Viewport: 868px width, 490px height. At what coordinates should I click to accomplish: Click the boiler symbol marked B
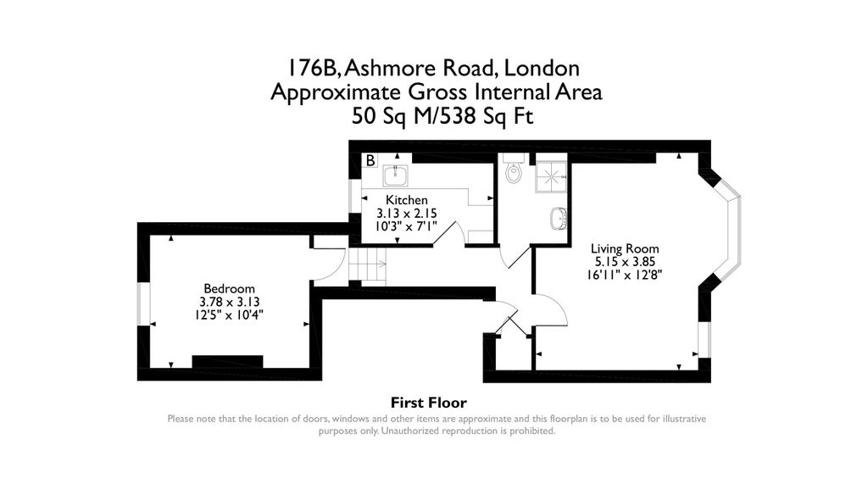pos(370,160)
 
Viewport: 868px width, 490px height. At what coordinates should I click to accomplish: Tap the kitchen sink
pos(396,175)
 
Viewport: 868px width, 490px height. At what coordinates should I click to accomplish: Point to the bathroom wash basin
pos(559,219)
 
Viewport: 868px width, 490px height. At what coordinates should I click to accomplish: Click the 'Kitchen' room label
pos(401,200)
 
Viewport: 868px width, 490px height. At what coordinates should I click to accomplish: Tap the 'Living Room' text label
pos(625,249)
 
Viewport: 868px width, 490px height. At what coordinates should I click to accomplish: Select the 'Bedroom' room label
pos(229,289)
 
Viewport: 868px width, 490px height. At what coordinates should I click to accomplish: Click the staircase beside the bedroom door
pos(369,268)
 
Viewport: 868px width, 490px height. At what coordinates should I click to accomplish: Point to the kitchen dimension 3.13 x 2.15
pos(401,213)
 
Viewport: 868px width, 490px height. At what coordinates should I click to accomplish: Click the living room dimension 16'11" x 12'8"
pos(625,274)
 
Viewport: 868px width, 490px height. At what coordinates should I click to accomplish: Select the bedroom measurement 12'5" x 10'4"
pos(229,315)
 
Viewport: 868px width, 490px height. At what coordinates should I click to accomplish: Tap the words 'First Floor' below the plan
pos(428,403)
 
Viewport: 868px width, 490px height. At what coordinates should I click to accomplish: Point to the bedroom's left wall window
pos(143,303)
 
